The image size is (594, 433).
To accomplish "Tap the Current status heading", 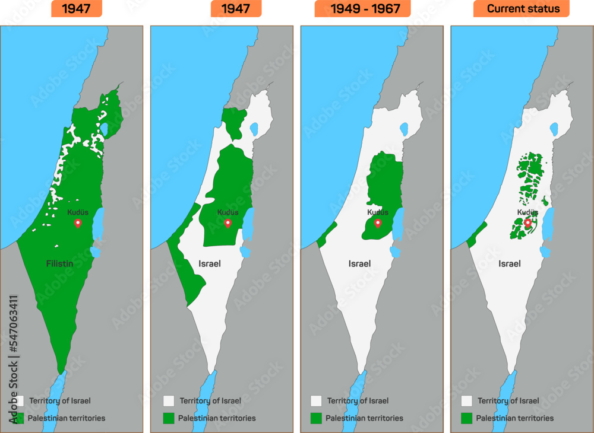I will (521, 8).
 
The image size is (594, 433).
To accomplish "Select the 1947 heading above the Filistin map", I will (75, 8).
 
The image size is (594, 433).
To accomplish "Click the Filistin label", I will (59, 263).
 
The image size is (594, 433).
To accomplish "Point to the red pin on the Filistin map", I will (77, 223).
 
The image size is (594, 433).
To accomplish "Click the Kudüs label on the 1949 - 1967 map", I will (378, 212).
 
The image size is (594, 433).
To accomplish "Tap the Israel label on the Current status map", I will (510, 263).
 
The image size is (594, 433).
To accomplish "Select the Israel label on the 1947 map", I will (209, 263).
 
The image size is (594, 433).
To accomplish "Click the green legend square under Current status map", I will (467, 418).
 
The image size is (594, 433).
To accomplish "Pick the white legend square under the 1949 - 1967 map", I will (316, 401).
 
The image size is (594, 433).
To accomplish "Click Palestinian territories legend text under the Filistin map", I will (66, 418).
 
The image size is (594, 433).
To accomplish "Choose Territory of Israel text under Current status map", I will (508, 401).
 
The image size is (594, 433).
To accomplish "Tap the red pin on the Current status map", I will (527, 223).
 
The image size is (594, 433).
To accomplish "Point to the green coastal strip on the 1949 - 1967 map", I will (326, 235).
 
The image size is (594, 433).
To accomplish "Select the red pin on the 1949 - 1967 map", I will (378, 223).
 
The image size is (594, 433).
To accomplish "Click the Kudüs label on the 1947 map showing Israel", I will (228, 212).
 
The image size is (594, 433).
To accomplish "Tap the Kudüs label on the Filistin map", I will (77, 212).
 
